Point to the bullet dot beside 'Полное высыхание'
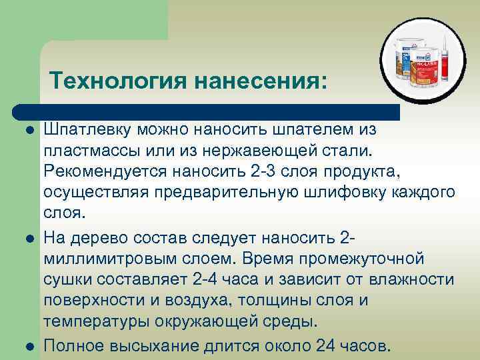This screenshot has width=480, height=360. pos(27,347)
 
